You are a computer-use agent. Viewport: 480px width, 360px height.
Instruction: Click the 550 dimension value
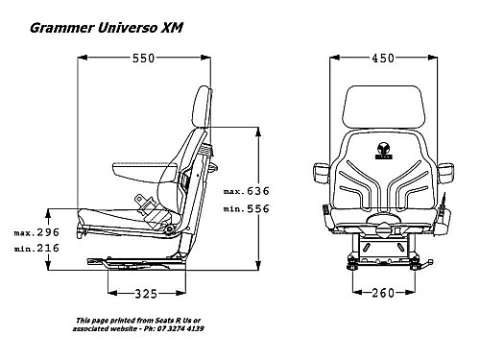pos(144,59)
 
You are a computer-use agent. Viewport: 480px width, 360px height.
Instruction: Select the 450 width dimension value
pos(383,59)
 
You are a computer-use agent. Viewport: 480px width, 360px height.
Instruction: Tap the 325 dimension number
pos(146,294)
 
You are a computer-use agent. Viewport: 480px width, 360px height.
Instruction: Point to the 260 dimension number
pos(383,293)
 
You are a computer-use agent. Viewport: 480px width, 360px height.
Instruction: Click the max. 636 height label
pos(247,191)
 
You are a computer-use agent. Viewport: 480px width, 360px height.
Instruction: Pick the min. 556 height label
pos(247,208)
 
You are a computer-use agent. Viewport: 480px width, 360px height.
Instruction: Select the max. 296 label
pos(36,232)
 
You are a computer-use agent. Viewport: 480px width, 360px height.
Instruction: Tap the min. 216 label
pos(36,248)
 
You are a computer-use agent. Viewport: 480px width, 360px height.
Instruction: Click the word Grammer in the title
pos(62,28)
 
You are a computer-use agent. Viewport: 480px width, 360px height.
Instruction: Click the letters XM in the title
pos(172,28)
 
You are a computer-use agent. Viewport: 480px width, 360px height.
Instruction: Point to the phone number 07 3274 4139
pos(180,328)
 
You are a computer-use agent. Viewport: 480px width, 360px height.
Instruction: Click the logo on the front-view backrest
pos(383,151)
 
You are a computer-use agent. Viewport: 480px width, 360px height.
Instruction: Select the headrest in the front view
pos(384,108)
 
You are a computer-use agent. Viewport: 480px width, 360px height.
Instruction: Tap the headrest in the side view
pos(203,107)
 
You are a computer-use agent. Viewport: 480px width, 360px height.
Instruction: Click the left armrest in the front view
pos(321,173)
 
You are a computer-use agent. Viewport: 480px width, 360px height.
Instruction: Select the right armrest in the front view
pos(445,173)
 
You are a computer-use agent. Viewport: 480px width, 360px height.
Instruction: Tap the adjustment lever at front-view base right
pos(424,264)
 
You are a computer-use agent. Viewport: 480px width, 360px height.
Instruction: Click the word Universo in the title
pos(128,28)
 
